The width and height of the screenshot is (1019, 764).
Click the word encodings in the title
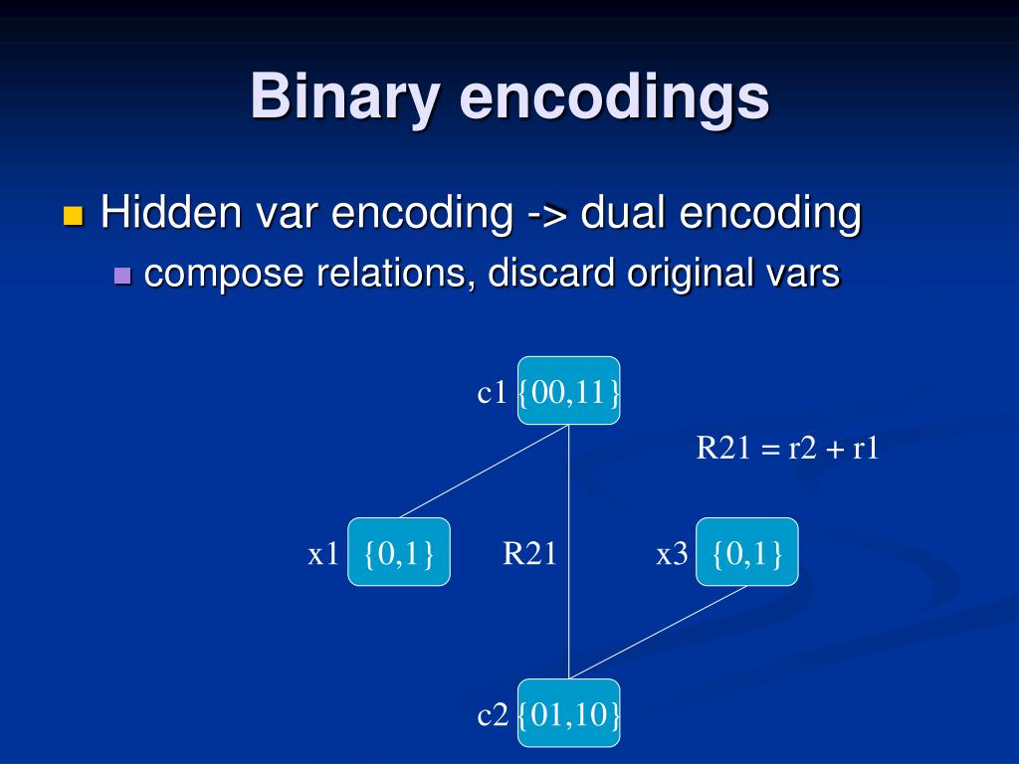(614, 97)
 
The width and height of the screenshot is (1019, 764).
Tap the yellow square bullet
(73, 216)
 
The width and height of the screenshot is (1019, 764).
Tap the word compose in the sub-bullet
(226, 273)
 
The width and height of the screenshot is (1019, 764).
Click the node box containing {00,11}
(568, 391)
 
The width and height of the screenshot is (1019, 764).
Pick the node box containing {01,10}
(568, 713)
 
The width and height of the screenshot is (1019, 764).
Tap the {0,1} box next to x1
(398, 552)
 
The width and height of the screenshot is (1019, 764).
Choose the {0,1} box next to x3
(746, 552)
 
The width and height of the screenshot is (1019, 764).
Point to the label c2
(493, 714)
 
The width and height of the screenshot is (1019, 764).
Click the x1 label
(323, 554)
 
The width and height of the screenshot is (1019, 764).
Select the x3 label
(672, 554)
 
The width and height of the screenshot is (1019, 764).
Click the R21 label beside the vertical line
(529, 554)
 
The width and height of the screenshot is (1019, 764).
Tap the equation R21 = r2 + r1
(787, 448)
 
